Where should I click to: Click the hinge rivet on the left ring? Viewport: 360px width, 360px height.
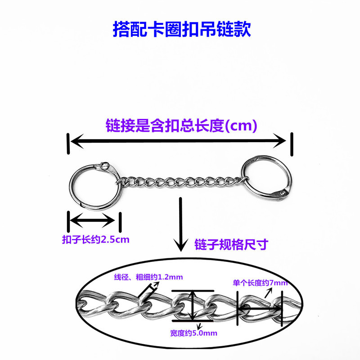(105, 165)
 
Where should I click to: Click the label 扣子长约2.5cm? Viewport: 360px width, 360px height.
(95, 239)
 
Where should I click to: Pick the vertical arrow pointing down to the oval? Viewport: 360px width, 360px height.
(181, 225)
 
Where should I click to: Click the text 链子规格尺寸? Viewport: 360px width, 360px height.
(231, 244)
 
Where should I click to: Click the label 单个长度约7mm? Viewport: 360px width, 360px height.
(260, 283)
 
